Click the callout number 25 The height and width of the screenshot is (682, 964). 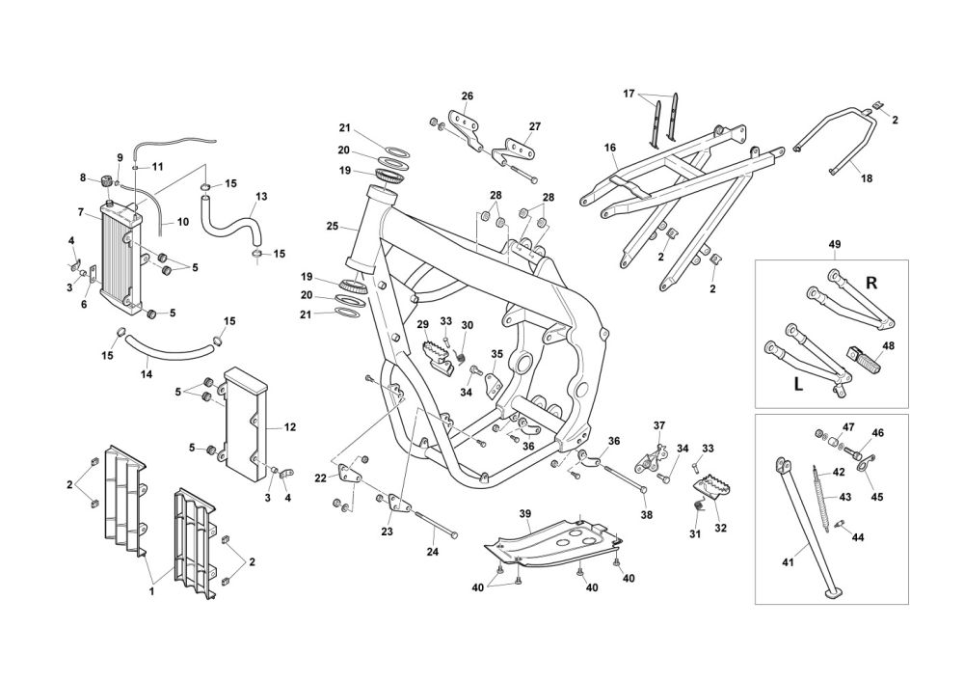[x=333, y=227]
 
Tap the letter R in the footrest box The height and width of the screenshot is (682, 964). [x=871, y=283]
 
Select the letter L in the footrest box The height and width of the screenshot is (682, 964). [x=798, y=385]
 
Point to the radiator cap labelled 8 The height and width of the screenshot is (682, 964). [x=106, y=181]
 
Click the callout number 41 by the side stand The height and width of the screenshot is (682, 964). [x=789, y=562]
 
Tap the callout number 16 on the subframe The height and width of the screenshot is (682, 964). [x=610, y=148]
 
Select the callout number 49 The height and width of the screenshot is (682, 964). [x=834, y=244]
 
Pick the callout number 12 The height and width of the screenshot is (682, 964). [x=290, y=426]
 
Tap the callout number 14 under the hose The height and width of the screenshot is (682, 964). [x=147, y=374]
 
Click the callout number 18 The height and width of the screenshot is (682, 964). [x=867, y=179]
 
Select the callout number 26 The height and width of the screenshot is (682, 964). [x=468, y=95]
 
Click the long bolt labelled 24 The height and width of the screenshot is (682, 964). [x=437, y=525]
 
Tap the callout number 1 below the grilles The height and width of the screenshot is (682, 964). [x=151, y=592]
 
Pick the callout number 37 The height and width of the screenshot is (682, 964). [x=659, y=425]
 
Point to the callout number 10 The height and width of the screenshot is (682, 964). [x=183, y=222]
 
